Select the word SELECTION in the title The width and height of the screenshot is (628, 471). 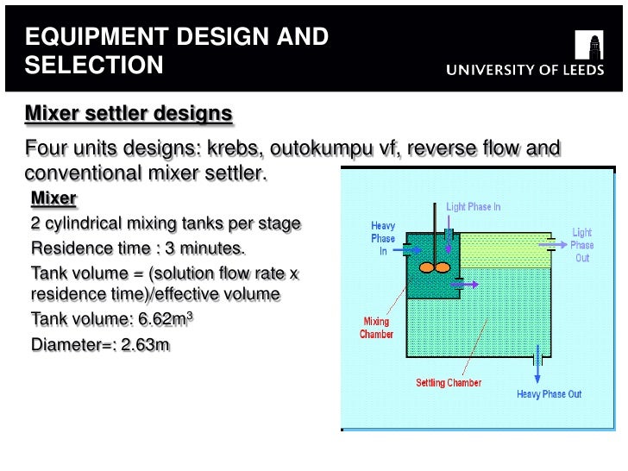(93, 65)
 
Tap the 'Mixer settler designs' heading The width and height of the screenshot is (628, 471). (129, 114)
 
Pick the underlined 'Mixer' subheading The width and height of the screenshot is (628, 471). (53, 199)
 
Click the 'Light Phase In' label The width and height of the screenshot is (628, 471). (473, 207)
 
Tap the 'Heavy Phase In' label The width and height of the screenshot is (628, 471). (383, 238)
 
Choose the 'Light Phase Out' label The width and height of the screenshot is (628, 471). (582, 245)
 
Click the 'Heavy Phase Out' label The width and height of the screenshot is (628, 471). (549, 394)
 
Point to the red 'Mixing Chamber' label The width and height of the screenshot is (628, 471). (377, 328)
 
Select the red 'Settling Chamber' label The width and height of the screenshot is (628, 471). (448, 383)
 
